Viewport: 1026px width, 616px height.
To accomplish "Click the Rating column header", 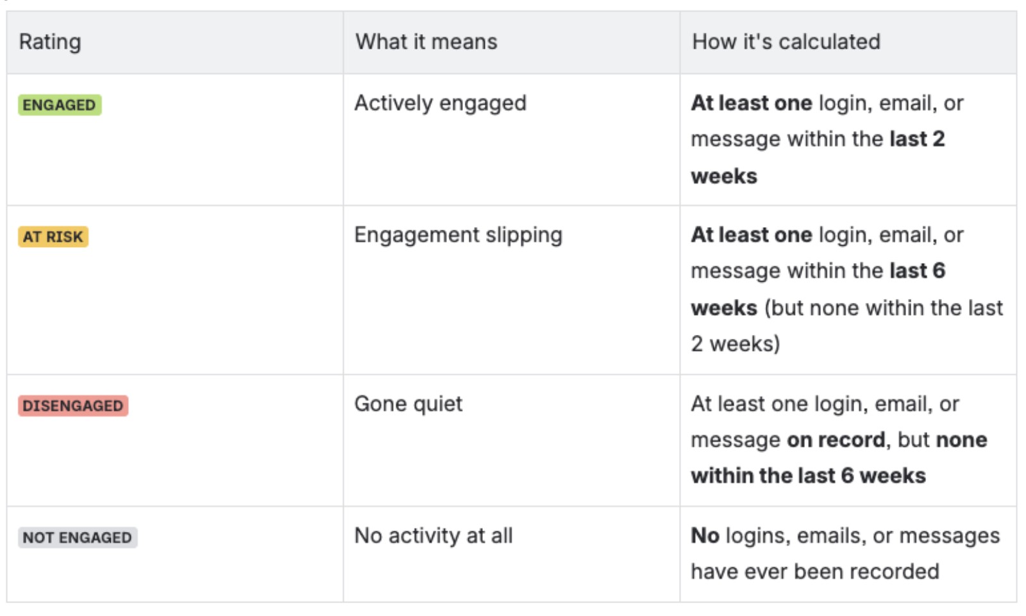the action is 50,42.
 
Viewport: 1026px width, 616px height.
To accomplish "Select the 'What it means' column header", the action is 426,42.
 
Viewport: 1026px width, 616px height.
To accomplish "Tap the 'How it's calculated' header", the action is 786,42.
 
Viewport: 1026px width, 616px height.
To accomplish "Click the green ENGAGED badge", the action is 60,105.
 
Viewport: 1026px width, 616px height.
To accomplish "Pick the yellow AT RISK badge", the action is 53,237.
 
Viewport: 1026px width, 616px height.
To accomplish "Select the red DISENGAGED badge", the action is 73,406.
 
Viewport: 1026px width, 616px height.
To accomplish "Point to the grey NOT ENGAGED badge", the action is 78,537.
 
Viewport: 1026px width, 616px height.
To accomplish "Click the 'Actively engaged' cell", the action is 440,103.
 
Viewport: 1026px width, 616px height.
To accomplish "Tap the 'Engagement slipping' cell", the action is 458,235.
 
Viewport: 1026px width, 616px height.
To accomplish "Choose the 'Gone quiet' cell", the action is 408,404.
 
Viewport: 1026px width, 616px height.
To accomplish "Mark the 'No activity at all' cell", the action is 433,535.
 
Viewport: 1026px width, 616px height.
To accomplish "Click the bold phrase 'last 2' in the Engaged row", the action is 918,139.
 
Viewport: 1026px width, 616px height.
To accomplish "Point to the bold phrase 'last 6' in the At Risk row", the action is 918,270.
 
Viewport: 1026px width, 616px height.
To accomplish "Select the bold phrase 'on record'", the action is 836,440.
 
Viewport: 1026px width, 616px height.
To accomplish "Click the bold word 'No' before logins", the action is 705,535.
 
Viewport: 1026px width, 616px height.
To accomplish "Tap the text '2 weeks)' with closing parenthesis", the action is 735,344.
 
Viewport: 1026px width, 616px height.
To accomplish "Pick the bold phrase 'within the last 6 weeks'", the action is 809,475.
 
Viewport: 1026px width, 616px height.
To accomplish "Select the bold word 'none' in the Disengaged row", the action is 961,440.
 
